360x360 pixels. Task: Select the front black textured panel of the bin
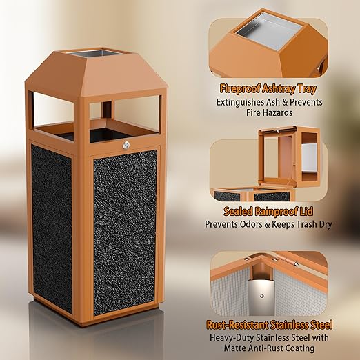[125, 232]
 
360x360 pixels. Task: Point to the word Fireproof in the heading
[239, 89]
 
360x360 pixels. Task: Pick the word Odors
[252, 224]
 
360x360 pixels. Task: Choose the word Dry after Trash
[325, 225]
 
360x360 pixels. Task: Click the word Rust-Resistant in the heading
[237, 325]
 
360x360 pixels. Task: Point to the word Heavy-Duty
[232, 338]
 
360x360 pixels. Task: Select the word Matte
[235, 348]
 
